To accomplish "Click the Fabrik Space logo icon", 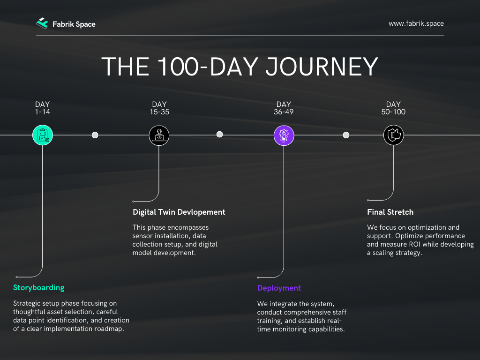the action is point(42,23).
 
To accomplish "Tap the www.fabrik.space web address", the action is point(416,23).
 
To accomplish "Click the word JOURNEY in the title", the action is point(322,67).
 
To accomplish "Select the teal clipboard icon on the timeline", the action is point(43,135).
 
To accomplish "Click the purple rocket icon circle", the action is point(284,135).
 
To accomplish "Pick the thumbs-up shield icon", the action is point(393,135).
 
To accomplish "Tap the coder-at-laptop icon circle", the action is point(159,135).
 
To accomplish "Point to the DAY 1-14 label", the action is point(42,108).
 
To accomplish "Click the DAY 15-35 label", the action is point(159,108).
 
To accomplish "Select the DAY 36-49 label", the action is point(284,108).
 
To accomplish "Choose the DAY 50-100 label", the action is point(393,108).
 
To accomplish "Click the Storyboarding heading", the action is point(38,288).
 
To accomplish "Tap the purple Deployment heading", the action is point(279,288).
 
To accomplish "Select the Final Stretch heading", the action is point(390,212).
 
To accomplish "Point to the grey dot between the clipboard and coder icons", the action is point(95,135).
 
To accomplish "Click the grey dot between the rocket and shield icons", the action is point(346,135).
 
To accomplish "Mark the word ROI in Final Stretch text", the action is point(415,244).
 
